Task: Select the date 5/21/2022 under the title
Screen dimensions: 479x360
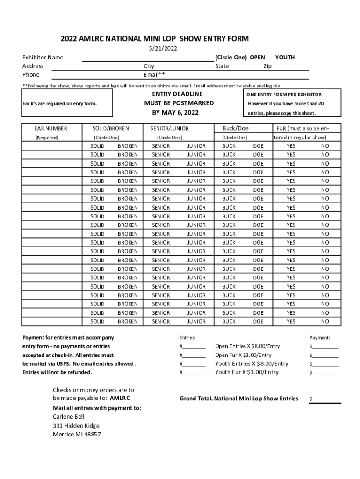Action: pos(160,49)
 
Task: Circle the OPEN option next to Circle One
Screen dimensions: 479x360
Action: pos(257,58)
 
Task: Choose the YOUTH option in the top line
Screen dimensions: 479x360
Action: pos(285,58)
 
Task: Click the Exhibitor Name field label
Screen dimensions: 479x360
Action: pos(43,58)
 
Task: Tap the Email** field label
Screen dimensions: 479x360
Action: pos(154,75)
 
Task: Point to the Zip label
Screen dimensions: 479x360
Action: pos(267,66)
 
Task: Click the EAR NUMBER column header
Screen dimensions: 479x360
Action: pos(51,128)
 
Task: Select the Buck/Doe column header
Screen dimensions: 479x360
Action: pos(235,128)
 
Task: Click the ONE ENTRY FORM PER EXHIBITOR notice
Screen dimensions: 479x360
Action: pos(284,95)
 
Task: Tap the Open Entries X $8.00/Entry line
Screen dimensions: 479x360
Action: pos(247,346)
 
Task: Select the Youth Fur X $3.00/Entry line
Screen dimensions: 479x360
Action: pos(246,372)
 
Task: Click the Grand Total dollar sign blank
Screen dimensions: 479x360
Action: pos(325,399)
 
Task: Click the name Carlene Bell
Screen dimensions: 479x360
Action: pos(68,417)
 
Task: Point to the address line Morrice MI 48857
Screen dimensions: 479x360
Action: pos(77,435)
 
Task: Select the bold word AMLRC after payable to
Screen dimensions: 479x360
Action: pos(120,399)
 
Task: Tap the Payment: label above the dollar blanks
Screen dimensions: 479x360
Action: pos(319,338)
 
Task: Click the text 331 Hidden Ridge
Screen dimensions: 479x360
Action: pos(76,426)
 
